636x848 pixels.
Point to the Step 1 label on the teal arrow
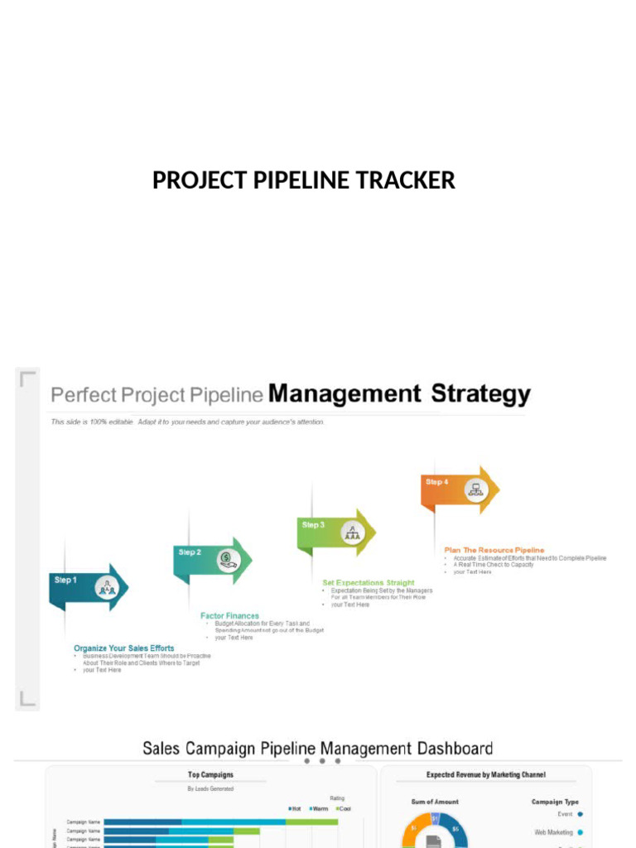(x=66, y=580)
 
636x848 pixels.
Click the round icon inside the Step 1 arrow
(x=106, y=588)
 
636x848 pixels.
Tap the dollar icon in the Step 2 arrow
(x=228, y=561)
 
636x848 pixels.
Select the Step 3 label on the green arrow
(x=314, y=524)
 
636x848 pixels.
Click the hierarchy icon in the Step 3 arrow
(x=353, y=532)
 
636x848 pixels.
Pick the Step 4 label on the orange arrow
(x=437, y=481)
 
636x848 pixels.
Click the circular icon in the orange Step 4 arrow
(x=475, y=489)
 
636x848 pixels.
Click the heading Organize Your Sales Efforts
(x=124, y=648)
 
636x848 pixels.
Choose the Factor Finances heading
(x=229, y=616)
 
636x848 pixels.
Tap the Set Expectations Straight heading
(x=369, y=583)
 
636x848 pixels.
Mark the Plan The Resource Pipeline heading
(x=494, y=550)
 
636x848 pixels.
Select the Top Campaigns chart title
(x=210, y=775)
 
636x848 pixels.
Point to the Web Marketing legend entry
(x=553, y=832)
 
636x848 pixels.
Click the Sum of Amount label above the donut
(x=435, y=802)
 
